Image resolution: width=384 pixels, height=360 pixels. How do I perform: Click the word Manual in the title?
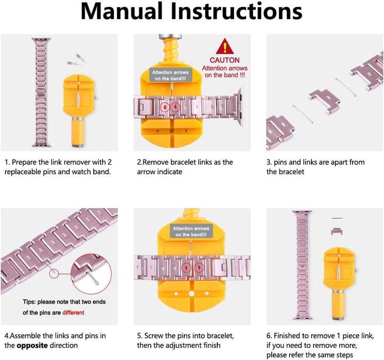point(121,11)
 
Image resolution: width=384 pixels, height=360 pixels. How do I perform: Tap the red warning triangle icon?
point(225,46)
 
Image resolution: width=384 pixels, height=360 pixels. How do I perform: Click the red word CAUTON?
point(224,60)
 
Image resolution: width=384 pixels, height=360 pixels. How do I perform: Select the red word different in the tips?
point(73,313)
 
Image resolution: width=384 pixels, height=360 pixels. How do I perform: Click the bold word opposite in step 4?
point(32,346)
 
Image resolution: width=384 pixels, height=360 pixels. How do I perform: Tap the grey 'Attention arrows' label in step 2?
point(170,75)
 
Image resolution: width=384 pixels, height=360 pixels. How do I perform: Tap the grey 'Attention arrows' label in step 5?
point(191,231)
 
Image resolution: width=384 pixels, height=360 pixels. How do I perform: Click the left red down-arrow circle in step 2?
point(165,107)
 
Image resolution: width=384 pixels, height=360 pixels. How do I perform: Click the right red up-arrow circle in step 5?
point(199,267)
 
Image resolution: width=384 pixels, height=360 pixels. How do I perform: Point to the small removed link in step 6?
point(337,231)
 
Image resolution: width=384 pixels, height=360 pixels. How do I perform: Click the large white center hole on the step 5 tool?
point(191,294)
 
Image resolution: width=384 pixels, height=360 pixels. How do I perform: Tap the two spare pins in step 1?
point(76,60)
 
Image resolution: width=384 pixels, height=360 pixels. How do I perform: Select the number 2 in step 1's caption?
point(110,162)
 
